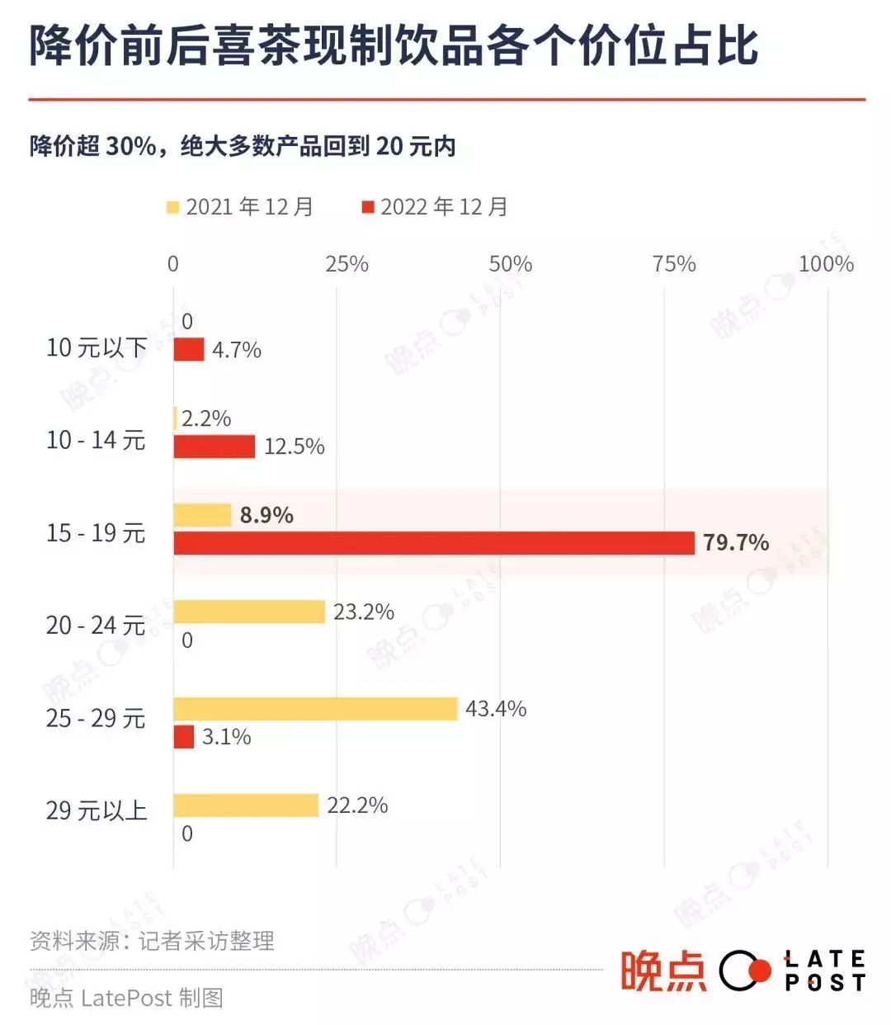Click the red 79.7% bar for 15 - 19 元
coord(434,543)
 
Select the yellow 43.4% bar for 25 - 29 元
coord(315,709)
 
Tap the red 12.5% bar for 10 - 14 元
coord(214,446)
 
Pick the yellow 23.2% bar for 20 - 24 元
coord(249,612)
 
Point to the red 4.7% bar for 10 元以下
coord(188,350)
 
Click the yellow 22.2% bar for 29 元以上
coord(246,805)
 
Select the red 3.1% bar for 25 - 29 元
coord(183,737)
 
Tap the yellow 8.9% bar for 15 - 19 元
coord(202,515)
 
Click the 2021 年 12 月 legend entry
coord(240,206)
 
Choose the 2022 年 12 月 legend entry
coord(435,206)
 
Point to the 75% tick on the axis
coord(674,264)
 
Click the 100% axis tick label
coord(826,264)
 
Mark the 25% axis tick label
coord(346,264)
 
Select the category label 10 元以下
coord(96,348)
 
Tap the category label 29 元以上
coord(96,811)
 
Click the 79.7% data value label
coord(736,543)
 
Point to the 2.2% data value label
coord(206,418)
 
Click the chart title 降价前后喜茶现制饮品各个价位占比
coord(394,45)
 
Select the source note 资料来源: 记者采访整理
coord(152,941)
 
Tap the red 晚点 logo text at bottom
coord(663,971)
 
